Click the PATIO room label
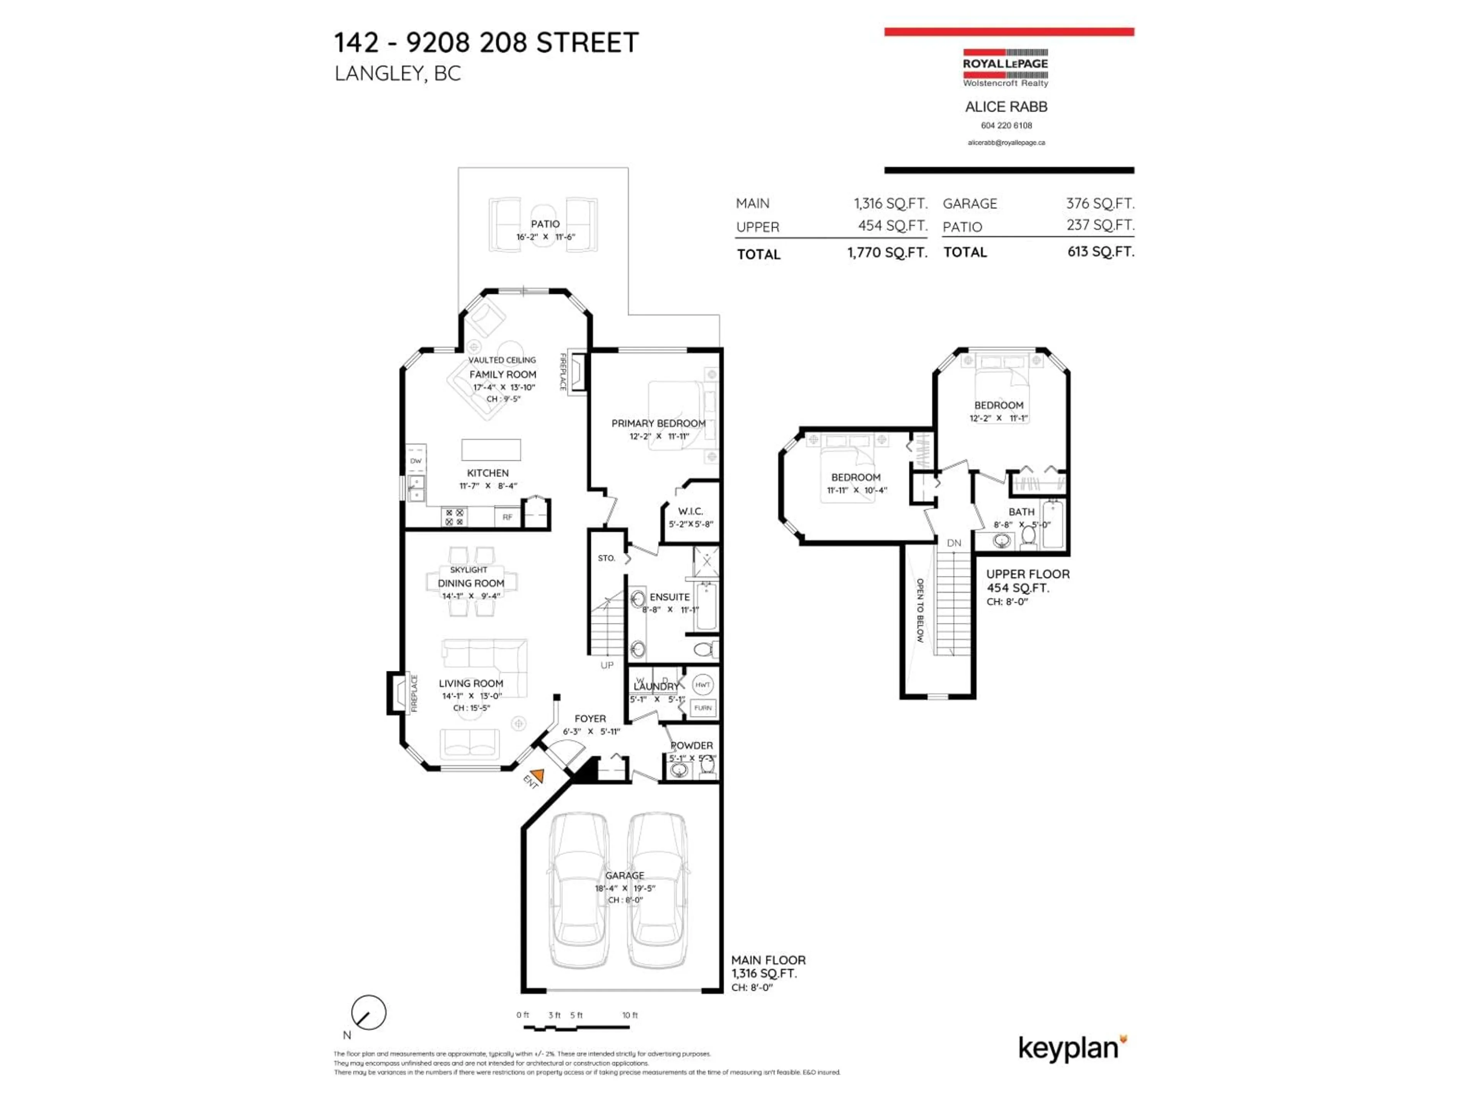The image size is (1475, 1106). coord(545,224)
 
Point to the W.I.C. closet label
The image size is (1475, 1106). coord(690,512)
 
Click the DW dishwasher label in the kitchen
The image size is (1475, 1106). coord(416,461)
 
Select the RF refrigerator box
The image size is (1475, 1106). coord(507,517)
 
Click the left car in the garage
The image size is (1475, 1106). coord(578,890)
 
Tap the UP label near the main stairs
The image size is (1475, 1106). coord(607,666)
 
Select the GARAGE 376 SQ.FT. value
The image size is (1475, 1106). coord(1100,203)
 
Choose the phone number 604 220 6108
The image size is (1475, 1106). coord(1006,125)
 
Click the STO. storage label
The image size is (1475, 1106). coord(606,558)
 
